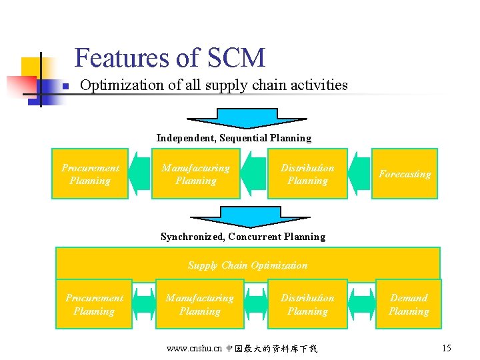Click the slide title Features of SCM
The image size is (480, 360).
point(169,58)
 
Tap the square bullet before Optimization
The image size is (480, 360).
point(65,87)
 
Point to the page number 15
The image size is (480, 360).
point(447,348)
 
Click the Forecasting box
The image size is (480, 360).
point(405,174)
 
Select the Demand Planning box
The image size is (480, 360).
point(409,305)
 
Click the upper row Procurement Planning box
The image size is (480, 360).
point(90,174)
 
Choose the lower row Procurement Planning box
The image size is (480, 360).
point(94,305)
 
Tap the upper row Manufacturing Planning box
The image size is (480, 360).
point(195,174)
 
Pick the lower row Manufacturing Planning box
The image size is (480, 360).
point(199,305)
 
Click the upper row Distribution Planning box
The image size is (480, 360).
point(307,174)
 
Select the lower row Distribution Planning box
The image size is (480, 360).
point(307,305)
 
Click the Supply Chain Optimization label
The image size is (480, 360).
point(247,265)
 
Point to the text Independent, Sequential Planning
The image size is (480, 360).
point(234,138)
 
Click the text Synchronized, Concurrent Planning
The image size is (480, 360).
point(243,237)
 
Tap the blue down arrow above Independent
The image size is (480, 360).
point(247,118)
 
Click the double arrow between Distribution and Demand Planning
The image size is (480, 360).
point(361,305)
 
